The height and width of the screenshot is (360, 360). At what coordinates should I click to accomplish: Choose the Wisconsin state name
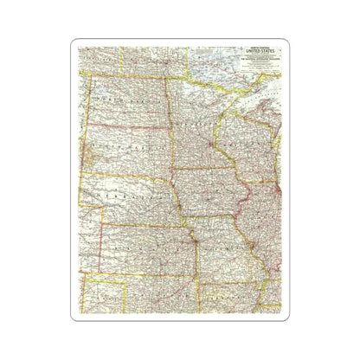(x=251, y=143)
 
